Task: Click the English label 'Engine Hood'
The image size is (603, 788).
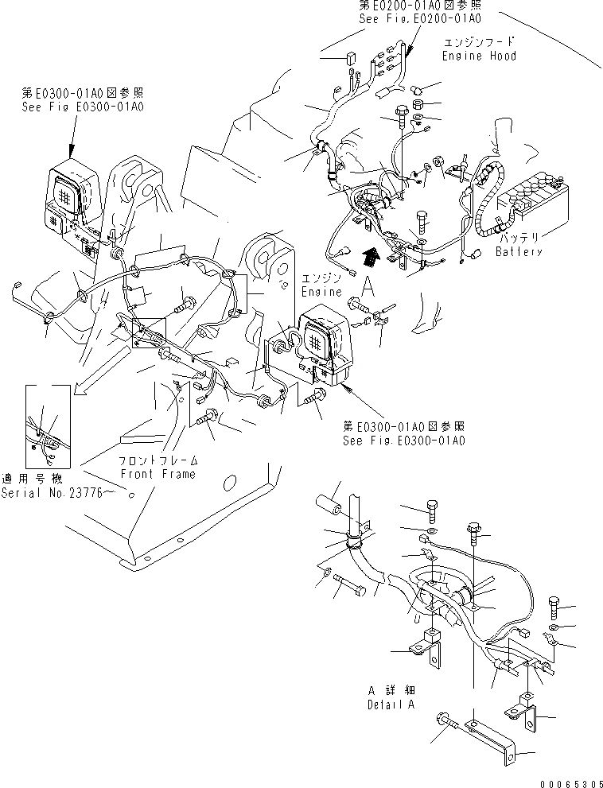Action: tap(479, 56)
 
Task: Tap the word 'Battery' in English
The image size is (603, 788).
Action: tap(518, 252)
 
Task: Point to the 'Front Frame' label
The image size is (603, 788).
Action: tap(158, 474)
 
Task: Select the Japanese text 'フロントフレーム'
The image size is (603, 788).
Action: tap(158, 461)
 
